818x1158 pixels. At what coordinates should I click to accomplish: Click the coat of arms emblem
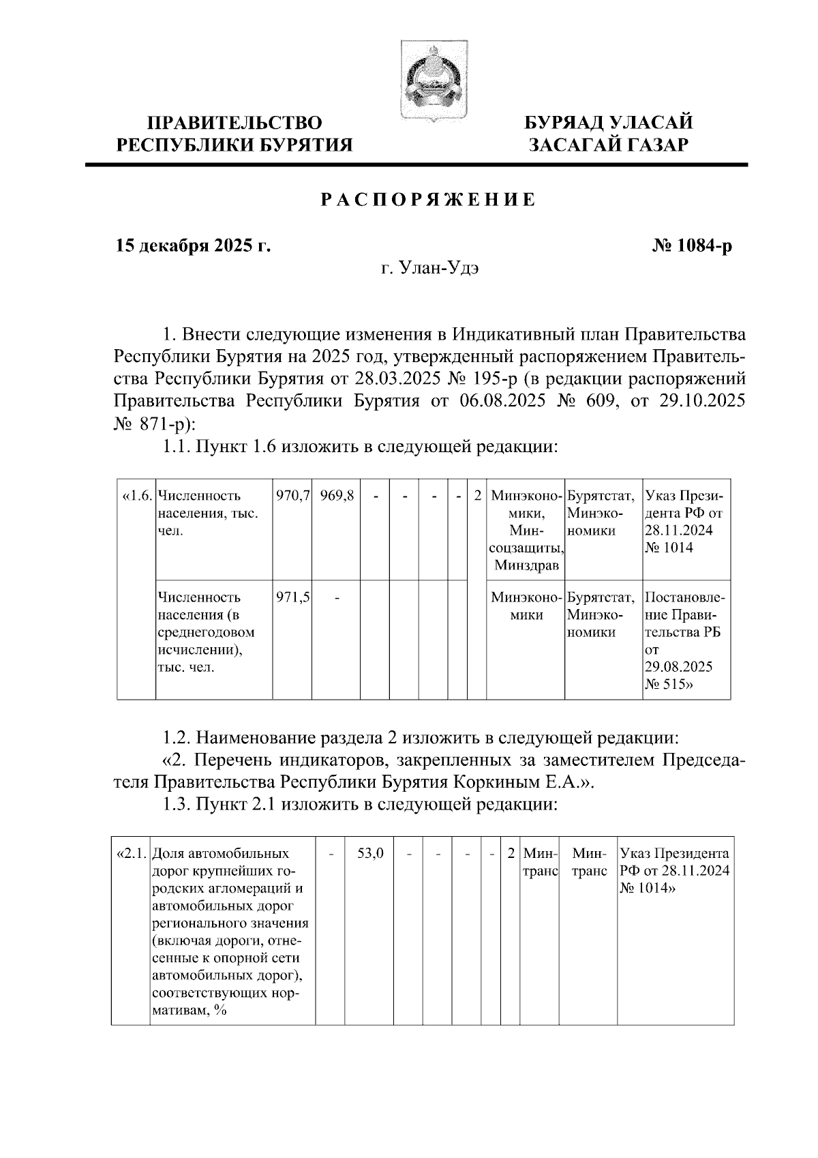(431, 81)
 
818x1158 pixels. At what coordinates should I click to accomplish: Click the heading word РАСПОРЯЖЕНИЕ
(427, 201)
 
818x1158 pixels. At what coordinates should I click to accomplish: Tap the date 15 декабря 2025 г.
(193, 246)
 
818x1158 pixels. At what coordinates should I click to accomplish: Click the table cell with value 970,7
(292, 496)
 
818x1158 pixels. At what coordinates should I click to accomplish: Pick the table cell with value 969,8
(336, 496)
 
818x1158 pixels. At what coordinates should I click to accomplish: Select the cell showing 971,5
(292, 597)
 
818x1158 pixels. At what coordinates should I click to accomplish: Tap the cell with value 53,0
(371, 853)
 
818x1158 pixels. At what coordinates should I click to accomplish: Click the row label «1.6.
(136, 496)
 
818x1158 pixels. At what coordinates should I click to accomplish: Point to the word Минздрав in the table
(526, 565)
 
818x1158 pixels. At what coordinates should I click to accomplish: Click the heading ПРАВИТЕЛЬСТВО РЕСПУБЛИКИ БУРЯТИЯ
(235, 134)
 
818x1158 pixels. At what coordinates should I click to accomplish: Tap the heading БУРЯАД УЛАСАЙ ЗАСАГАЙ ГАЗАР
(608, 134)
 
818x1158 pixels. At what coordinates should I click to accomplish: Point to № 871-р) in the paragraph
(154, 424)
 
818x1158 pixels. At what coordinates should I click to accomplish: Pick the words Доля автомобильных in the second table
(219, 853)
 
